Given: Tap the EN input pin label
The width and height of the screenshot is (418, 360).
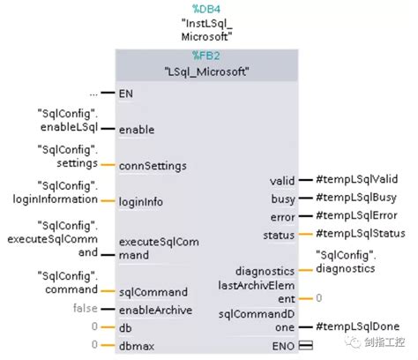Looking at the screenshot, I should (x=126, y=93).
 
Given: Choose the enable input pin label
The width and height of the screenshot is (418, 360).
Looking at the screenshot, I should (x=137, y=129).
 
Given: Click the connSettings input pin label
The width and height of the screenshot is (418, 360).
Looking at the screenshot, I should (x=152, y=165).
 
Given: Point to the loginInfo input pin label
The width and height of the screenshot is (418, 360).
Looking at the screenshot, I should (x=141, y=202).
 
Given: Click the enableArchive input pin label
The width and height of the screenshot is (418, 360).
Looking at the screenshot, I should (x=154, y=310).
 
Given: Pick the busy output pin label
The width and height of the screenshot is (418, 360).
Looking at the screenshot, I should (x=283, y=198).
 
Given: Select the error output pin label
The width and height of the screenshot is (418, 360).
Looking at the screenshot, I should (x=282, y=215).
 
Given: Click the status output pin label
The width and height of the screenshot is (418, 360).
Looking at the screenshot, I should (x=280, y=234).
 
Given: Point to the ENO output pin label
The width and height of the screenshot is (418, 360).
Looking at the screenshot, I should (x=282, y=346).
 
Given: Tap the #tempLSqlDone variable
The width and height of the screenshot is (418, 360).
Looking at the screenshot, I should (x=352, y=326).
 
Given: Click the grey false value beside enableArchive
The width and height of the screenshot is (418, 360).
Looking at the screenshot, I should (x=85, y=309).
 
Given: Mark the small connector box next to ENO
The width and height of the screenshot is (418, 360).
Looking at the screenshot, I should (x=307, y=346).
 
